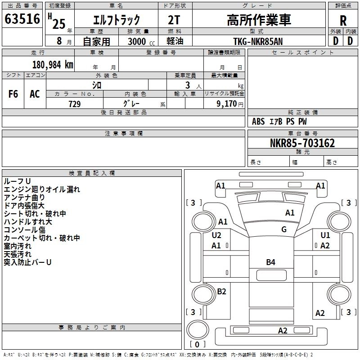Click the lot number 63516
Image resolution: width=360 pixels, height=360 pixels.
[x=22, y=20]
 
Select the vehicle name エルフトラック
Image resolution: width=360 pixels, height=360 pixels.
[x=116, y=20]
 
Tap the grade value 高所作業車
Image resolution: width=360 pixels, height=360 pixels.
[x=259, y=20]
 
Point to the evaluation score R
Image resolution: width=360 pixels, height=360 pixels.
[x=343, y=21]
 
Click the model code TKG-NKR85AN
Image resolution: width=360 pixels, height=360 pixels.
[x=259, y=41]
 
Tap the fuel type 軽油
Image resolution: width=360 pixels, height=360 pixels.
[x=175, y=41]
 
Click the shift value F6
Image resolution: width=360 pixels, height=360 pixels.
[x=13, y=94]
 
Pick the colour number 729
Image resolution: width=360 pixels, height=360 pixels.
[x=74, y=104]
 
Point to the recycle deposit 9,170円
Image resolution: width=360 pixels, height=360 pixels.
[x=229, y=104]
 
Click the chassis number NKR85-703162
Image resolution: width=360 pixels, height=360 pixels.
[x=302, y=143]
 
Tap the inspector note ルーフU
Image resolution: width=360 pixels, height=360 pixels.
[x=17, y=181]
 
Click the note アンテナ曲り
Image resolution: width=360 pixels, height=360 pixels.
[x=24, y=197]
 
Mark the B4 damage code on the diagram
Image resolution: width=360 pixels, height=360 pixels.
[x=270, y=262]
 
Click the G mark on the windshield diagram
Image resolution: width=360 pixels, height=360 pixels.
[x=284, y=229]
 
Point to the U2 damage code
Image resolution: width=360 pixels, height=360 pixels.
[x=216, y=235]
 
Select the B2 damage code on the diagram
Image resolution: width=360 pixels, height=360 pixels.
[x=221, y=292]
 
